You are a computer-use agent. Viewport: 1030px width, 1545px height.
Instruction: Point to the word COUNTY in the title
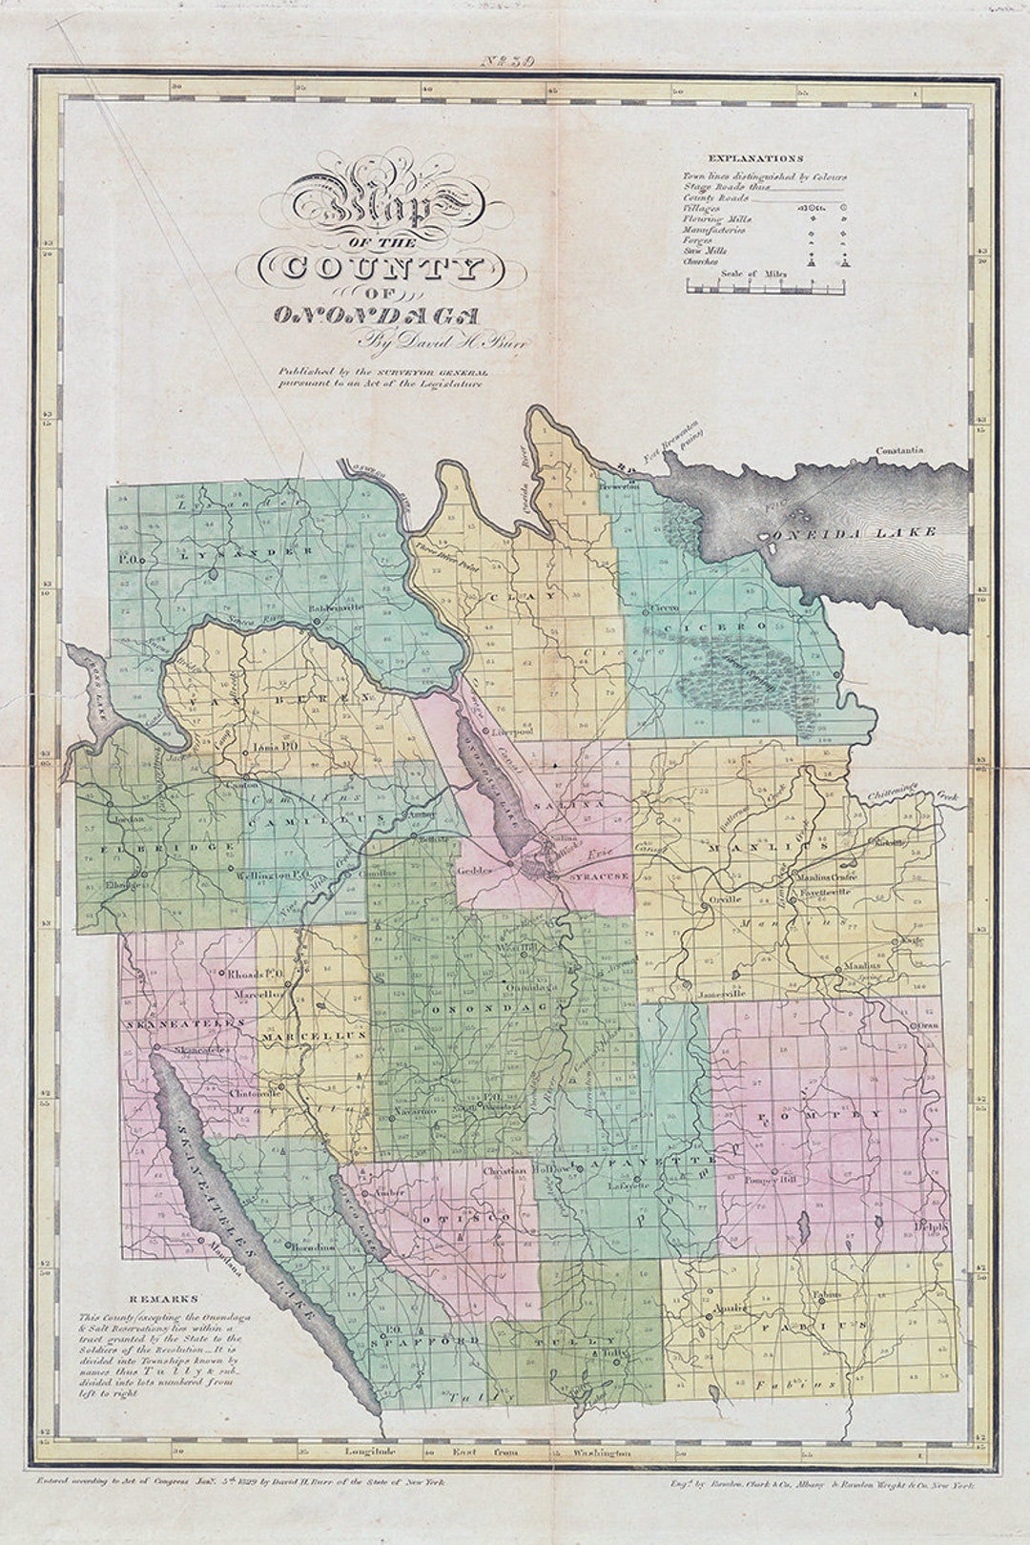click(x=372, y=267)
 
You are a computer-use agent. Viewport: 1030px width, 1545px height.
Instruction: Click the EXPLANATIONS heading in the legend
click(x=755, y=158)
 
